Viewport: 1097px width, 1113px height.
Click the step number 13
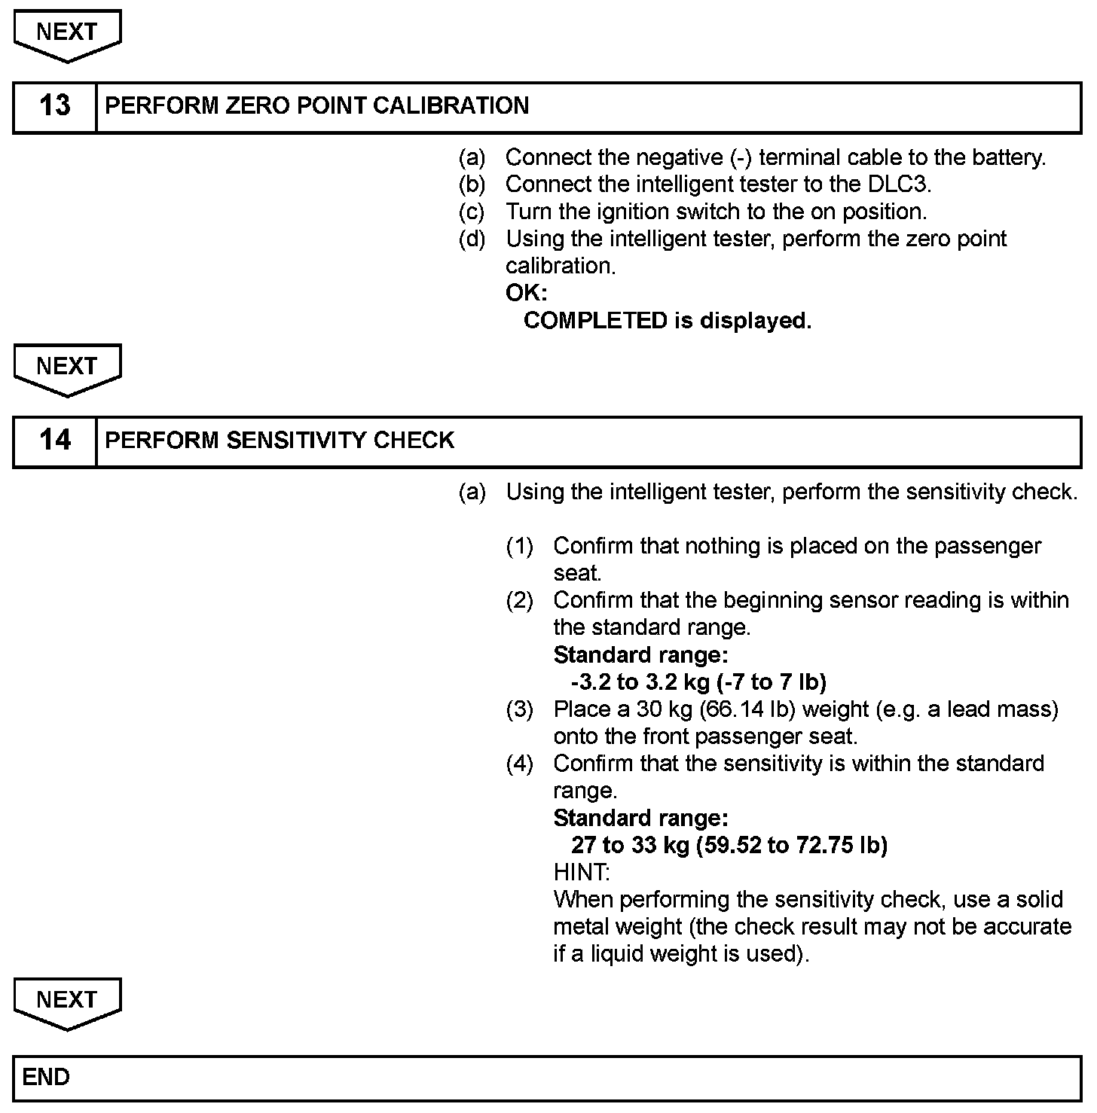pyautogui.click(x=54, y=106)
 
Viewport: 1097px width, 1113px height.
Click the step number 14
pyautogui.click(x=54, y=441)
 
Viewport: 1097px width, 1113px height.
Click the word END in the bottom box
pyautogui.click(x=46, y=1078)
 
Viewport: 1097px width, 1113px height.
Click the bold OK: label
pyautogui.click(x=526, y=293)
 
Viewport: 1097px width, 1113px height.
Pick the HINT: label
pyautogui.click(x=581, y=873)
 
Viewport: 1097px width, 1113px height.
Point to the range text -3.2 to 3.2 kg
pyautogui.click(x=640, y=682)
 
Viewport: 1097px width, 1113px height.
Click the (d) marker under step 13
pyautogui.click(x=472, y=239)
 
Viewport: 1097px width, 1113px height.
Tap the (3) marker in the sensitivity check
pyautogui.click(x=519, y=709)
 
